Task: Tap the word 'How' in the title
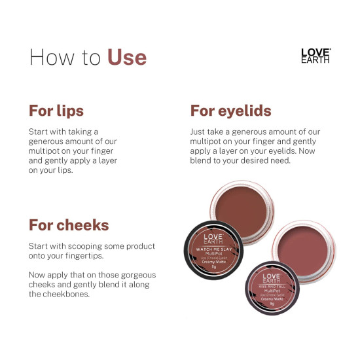click(48, 57)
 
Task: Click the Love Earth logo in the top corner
click(315, 55)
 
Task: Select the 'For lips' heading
click(56, 109)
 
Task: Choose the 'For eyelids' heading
click(230, 109)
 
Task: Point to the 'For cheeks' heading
click(69, 225)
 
